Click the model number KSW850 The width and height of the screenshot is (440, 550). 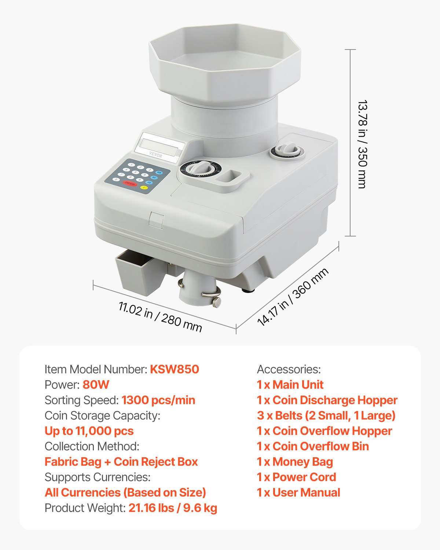click(175, 369)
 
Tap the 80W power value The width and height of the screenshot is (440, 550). click(96, 385)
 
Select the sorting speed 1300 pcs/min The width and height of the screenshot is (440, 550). click(158, 400)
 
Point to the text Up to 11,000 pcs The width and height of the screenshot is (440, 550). click(89, 431)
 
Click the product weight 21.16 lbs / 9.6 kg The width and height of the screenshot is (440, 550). click(173, 508)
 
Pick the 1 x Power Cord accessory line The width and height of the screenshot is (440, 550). click(296, 477)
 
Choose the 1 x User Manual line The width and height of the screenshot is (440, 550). click(298, 492)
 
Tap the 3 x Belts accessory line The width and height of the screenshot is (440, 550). click(326, 415)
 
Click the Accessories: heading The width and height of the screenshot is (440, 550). click(289, 369)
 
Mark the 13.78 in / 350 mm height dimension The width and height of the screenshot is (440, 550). click(362, 144)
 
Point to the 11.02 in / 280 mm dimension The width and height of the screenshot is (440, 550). click(160, 316)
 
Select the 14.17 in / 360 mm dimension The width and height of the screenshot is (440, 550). click(293, 297)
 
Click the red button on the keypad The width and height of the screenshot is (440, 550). click(130, 183)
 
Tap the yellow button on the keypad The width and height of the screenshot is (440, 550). click(143, 188)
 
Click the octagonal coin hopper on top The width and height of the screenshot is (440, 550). click(224, 62)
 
